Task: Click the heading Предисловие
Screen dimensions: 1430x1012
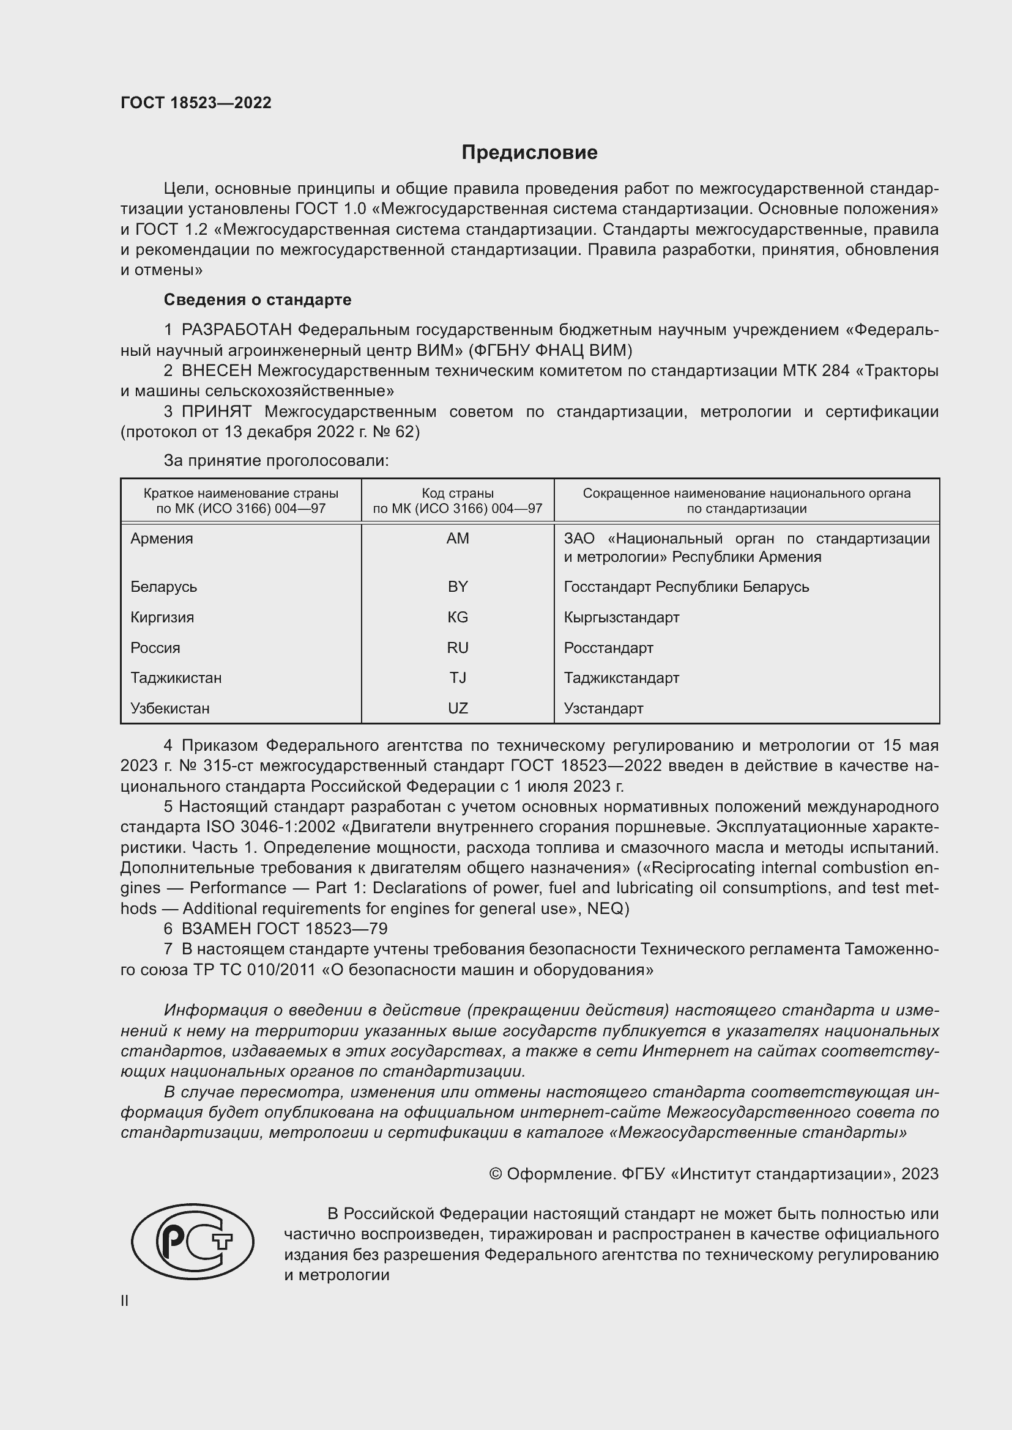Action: click(x=529, y=153)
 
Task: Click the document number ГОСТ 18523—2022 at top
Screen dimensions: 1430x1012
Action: click(x=196, y=103)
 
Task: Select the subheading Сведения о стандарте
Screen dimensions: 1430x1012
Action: click(x=258, y=300)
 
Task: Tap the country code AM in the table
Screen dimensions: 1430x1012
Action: click(x=458, y=538)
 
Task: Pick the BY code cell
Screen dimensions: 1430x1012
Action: click(x=458, y=587)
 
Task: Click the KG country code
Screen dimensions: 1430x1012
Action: click(x=458, y=617)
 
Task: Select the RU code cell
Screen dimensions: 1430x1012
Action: click(x=458, y=647)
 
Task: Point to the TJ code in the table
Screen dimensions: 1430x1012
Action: click(x=458, y=677)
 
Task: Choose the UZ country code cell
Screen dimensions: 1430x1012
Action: click(x=458, y=708)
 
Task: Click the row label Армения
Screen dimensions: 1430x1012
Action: click(x=162, y=538)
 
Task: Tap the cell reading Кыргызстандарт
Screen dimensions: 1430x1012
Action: click(x=621, y=617)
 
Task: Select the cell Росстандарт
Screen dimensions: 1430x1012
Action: click(x=608, y=647)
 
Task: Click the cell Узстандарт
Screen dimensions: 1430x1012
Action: click(x=603, y=708)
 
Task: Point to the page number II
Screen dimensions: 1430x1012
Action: click(x=125, y=1300)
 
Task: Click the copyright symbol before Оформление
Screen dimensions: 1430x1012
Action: click(x=496, y=1174)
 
